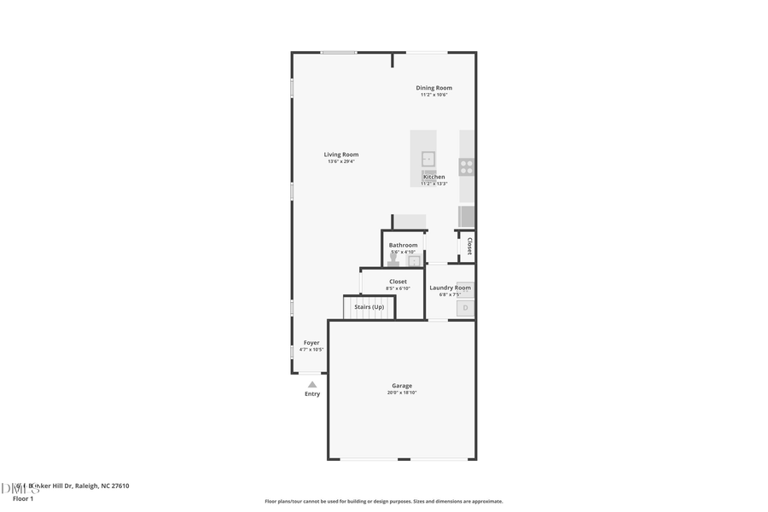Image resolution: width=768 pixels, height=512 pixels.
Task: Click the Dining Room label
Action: point(433,88)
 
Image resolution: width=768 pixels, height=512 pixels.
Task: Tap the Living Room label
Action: point(340,154)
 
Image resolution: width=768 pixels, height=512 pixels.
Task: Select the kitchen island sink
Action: point(428,159)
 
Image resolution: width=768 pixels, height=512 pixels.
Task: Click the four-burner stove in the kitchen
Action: point(467,166)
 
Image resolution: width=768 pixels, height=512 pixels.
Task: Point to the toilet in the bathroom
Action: point(393,259)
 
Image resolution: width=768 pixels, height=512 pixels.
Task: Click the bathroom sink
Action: point(415,261)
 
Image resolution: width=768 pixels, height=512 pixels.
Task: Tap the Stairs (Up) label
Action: point(369,306)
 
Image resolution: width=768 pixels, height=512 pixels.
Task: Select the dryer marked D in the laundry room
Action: point(465,307)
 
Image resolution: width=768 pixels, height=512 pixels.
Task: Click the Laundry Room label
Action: point(450,288)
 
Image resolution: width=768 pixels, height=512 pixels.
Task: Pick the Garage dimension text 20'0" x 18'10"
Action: point(401,393)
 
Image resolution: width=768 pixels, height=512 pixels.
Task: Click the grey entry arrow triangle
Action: point(312,385)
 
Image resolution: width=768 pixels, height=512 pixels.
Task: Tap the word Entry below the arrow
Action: point(312,394)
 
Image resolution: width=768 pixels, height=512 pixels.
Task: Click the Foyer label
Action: point(311,342)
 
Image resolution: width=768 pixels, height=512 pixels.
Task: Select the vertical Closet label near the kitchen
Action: point(468,246)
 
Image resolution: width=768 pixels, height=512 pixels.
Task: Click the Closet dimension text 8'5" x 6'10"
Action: point(398,288)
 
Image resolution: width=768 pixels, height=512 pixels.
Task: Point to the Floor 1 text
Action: point(22,498)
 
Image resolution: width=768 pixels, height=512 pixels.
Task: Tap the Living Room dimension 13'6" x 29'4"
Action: point(340,161)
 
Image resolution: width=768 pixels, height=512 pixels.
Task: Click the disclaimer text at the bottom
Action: point(383,502)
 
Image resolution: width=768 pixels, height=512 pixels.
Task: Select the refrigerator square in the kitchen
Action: point(467,216)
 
